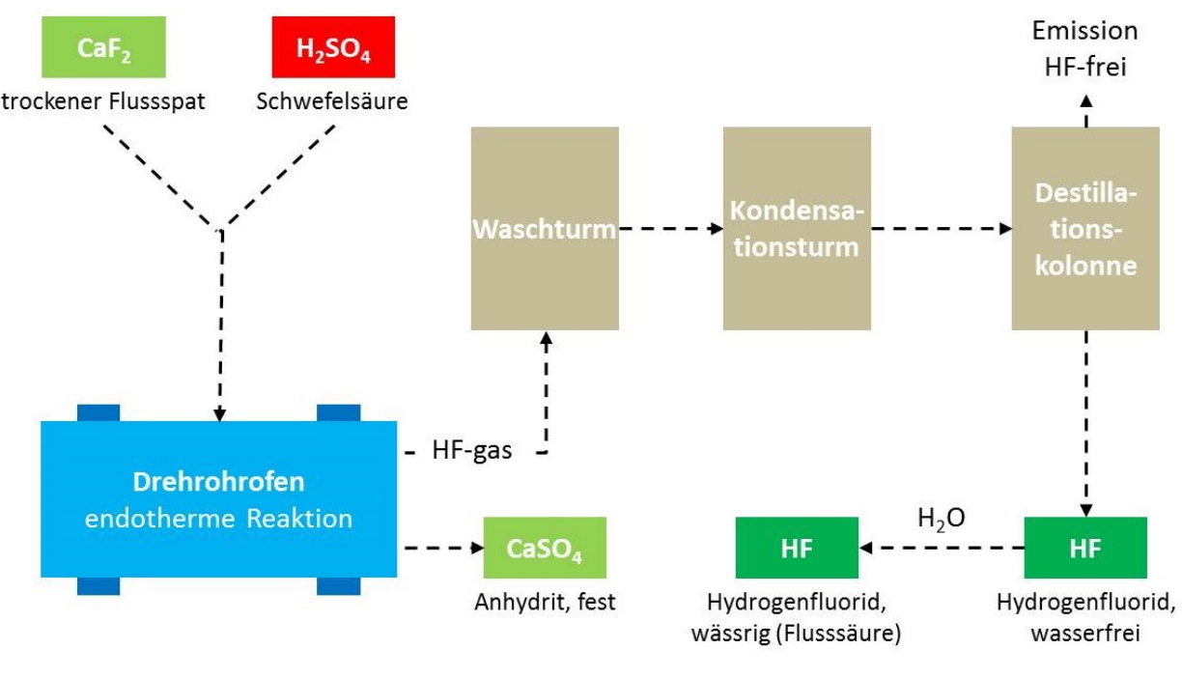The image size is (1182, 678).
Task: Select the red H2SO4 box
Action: click(333, 47)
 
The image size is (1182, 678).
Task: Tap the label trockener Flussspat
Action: click(103, 101)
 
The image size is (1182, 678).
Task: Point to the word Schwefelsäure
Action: click(332, 101)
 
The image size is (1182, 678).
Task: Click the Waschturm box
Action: click(545, 229)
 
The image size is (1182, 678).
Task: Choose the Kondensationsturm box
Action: click(797, 229)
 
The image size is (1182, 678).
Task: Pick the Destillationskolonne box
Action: click(1085, 229)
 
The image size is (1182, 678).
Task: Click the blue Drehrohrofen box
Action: click(218, 498)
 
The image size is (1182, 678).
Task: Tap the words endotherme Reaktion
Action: click(218, 519)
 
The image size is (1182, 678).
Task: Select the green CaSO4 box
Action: click(545, 548)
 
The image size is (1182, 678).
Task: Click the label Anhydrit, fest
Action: click(545, 602)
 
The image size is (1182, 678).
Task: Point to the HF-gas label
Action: click(471, 451)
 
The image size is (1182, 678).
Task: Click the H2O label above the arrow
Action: click(942, 519)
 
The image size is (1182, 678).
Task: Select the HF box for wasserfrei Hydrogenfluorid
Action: click(1085, 548)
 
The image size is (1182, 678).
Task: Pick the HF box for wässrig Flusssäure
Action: click(797, 548)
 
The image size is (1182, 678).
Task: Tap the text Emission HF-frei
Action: click(1085, 48)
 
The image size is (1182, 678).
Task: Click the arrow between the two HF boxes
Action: click(942, 548)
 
